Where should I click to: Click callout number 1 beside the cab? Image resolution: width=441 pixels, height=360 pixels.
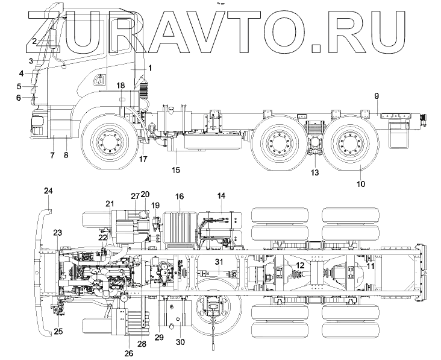[150, 68]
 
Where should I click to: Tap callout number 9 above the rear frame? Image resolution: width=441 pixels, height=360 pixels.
[377, 96]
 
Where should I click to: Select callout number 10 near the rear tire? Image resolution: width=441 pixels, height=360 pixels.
[360, 184]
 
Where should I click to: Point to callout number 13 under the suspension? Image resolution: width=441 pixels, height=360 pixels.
[314, 172]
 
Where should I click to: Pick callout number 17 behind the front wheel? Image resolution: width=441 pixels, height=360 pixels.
[143, 159]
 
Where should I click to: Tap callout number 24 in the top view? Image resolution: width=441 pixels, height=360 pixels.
[49, 191]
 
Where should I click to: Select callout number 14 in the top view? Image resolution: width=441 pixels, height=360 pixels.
[222, 196]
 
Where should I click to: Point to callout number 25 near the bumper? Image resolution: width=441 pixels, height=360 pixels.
[58, 330]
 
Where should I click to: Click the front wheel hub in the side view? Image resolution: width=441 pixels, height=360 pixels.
[106, 144]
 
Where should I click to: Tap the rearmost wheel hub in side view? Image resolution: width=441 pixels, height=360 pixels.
[349, 144]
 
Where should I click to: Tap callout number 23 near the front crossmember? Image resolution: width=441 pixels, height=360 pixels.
[58, 233]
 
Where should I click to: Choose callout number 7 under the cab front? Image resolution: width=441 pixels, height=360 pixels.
[52, 155]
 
